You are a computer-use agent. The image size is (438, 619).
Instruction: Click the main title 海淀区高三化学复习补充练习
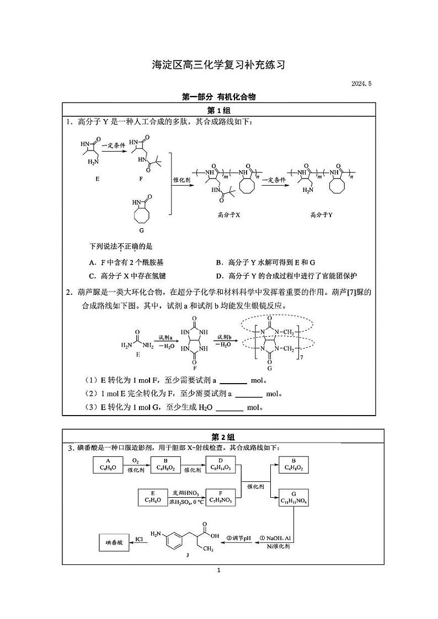pos(219,65)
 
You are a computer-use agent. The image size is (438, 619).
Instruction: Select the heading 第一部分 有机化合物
pos(219,96)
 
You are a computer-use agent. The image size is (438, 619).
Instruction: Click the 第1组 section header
pos(218,110)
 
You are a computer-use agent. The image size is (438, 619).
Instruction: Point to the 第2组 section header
pos(218,436)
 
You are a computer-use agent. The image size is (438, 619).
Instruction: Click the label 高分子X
pos(229,214)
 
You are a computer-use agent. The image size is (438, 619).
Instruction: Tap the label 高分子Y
pos(321,214)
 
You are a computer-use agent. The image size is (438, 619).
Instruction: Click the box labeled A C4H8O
pos(108,464)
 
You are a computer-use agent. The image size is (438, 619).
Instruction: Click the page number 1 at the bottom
pos(219,570)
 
